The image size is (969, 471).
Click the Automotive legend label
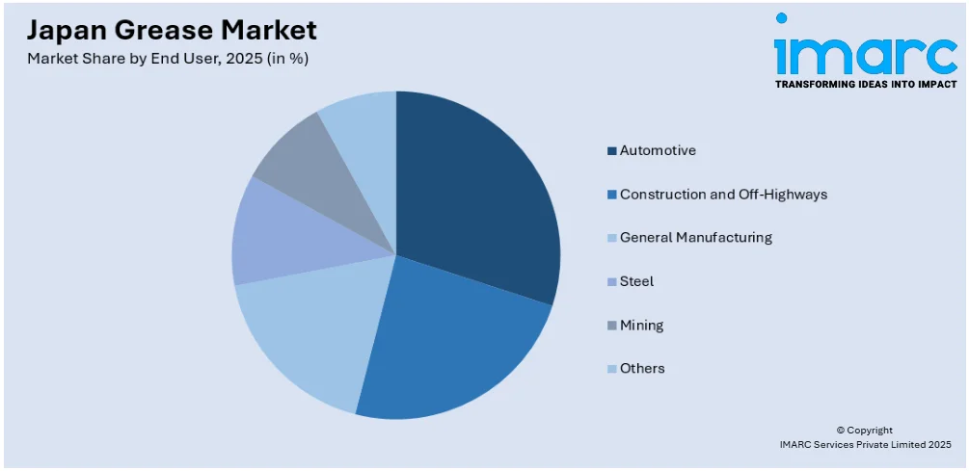(658, 150)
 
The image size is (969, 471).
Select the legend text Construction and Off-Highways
(723, 194)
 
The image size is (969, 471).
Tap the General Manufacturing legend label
(695, 237)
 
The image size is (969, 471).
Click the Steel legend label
(636, 281)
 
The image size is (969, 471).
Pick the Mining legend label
(641, 325)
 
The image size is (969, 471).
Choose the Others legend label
(642, 368)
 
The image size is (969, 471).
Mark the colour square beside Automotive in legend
(612, 151)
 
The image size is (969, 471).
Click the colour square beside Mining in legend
(612, 326)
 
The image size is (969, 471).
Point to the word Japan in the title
(58, 30)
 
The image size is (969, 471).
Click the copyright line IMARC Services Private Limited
(865, 444)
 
